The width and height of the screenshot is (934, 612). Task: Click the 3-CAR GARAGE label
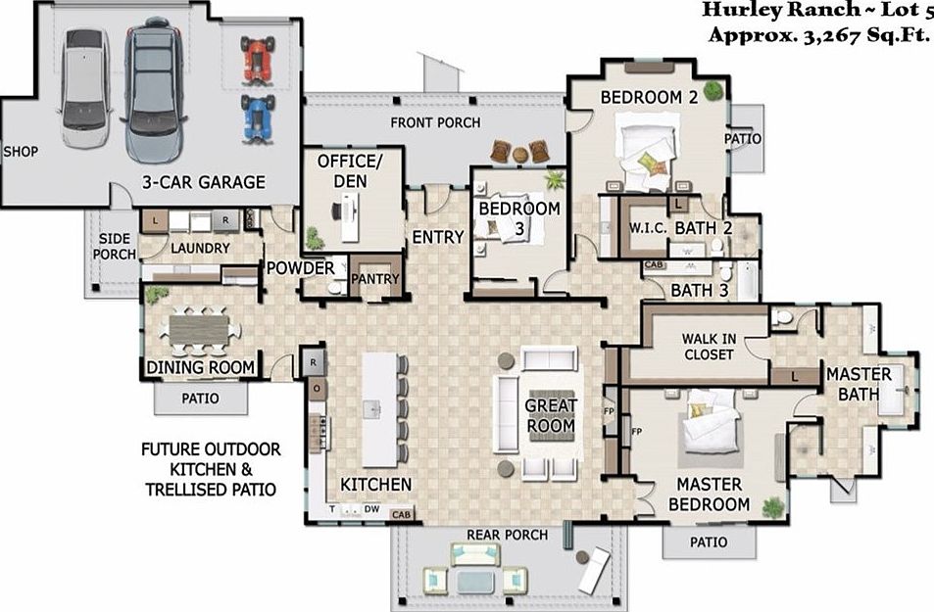pyautogui.click(x=203, y=181)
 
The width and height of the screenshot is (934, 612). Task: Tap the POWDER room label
pyautogui.click(x=301, y=267)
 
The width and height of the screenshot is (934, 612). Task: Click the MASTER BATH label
pyautogui.click(x=859, y=384)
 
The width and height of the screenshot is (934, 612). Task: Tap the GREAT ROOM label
pyautogui.click(x=551, y=415)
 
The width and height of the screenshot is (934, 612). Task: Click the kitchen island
pyautogui.click(x=383, y=409)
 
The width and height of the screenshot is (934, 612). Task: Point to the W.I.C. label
pyautogui.click(x=648, y=227)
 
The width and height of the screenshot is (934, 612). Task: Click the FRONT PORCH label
pyautogui.click(x=435, y=122)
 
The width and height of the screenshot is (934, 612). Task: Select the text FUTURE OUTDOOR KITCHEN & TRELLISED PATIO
pyautogui.click(x=210, y=468)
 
